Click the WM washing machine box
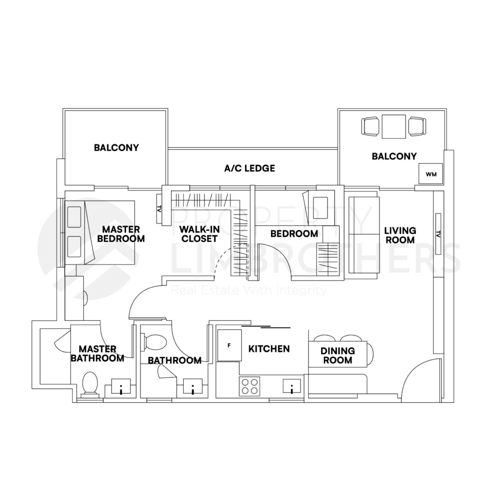(x=430, y=174)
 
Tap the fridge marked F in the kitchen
(x=229, y=345)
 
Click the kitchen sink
(x=292, y=386)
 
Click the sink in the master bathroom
(x=121, y=386)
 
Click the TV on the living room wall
(x=438, y=234)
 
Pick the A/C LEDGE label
(x=249, y=168)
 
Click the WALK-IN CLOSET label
(x=199, y=234)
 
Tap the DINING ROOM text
(x=337, y=355)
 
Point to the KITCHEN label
(x=269, y=349)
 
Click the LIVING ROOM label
(x=400, y=235)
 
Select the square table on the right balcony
(x=394, y=126)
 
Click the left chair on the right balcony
(x=370, y=126)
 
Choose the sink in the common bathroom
(x=192, y=386)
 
